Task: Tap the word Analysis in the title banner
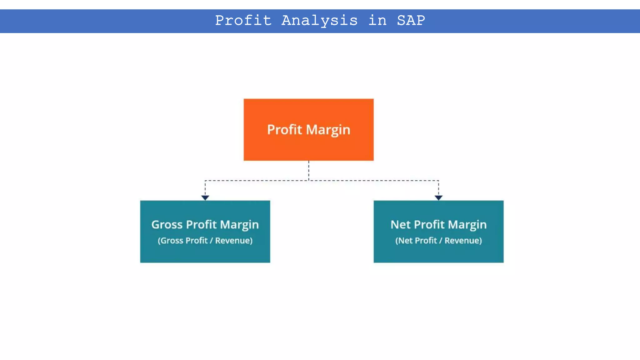tap(319, 21)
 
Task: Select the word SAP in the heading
tap(411, 21)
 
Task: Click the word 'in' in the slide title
tap(377, 21)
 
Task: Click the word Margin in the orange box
tap(328, 130)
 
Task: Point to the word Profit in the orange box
tap(284, 130)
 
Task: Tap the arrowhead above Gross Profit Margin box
tap(205, 197)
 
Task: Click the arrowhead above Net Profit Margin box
tap(438, 197)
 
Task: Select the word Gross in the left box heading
tap(167, 225)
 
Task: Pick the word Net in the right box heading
tap(400, 225)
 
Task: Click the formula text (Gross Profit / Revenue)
tap(205, 241)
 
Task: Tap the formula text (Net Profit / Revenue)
tap(438, 241)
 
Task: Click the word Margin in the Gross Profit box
tap(239, 225)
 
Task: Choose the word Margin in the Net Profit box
tap(467, 225)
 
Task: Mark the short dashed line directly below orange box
tap(309, 170)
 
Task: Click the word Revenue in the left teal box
tap(233, 241)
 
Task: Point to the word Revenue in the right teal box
tap(462, 241)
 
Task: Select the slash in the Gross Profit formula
tap(211, 241)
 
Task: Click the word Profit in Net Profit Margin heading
tap(429, 225)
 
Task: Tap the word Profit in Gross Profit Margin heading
tap(201, 225)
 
